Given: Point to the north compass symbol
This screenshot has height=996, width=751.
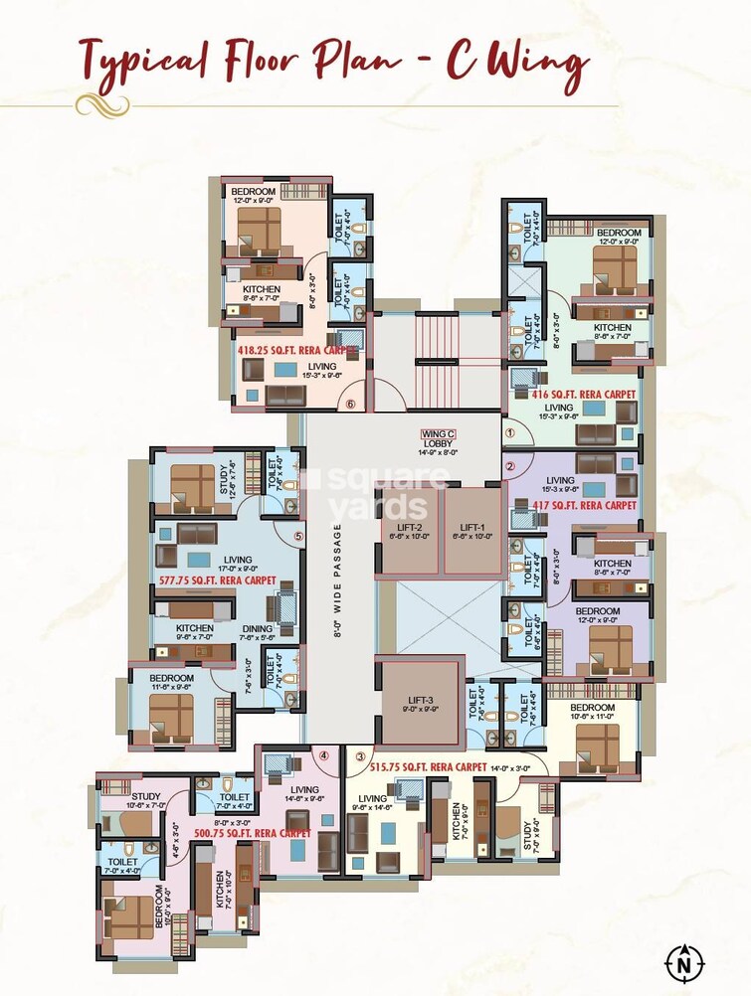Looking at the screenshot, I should coord(683,962).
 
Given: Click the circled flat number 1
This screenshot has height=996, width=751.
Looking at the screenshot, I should coord(510,432).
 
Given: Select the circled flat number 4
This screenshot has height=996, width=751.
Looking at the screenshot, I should coord(324,755).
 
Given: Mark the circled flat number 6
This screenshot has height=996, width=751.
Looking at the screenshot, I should coord(349,404).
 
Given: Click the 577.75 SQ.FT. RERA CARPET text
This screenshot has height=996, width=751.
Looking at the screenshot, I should coord(218,579).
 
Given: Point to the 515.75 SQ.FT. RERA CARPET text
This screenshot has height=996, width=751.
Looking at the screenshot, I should coord(428,767).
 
